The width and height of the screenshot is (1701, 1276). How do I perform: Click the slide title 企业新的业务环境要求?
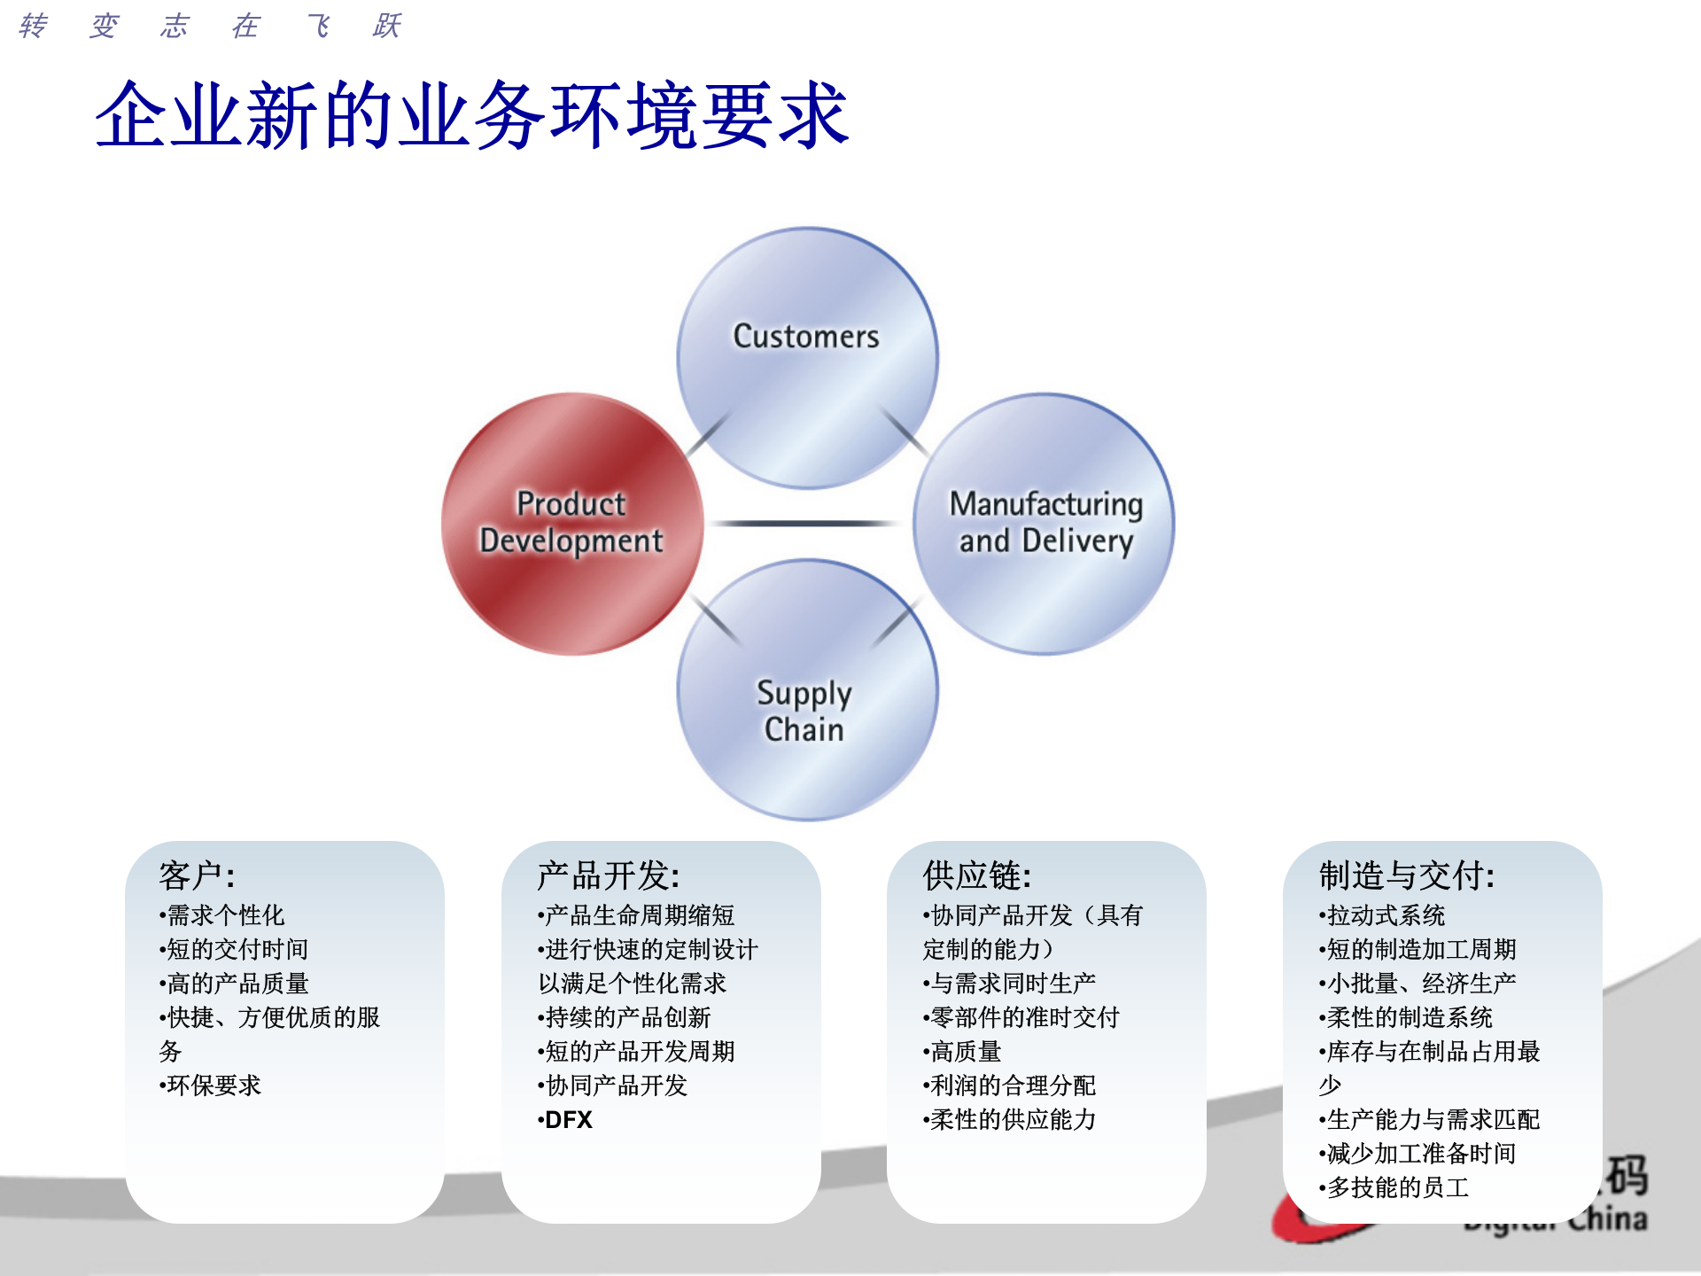(471, 115)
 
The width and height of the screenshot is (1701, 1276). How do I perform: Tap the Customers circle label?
(805, 337)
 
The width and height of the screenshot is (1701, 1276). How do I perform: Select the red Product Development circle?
(571, 523)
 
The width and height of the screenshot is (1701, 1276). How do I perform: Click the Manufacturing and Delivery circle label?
(1045, 523)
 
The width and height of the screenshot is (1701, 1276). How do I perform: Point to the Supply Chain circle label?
(804, 711)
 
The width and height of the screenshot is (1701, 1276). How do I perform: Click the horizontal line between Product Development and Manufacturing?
(806, 524)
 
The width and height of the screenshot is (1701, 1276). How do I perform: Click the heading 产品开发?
(608, 875)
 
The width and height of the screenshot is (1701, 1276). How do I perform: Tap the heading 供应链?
(976, 875)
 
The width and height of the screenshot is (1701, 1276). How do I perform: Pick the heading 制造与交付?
(1407, 875)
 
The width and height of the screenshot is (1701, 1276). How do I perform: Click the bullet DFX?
(567, 1120)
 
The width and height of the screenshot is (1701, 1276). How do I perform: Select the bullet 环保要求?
(213, 1085)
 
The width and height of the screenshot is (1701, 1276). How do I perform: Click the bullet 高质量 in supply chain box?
(965, 1052)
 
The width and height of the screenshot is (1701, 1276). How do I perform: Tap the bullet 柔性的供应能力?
(1012, 1120)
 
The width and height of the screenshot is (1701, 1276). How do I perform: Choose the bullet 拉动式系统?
(1385, 915)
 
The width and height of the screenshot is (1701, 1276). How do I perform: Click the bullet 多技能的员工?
(1396, 1187)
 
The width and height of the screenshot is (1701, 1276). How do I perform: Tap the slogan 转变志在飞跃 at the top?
(210, 26)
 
